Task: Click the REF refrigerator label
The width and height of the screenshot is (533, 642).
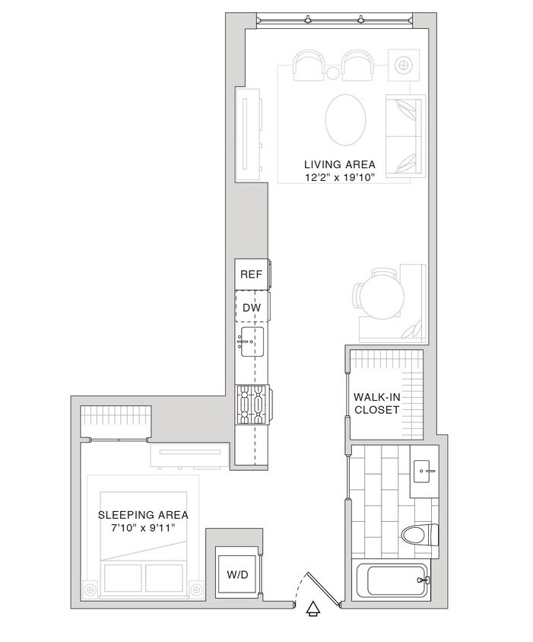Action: (x=251, y=275)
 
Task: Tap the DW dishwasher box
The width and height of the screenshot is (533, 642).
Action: (x=251, y=307)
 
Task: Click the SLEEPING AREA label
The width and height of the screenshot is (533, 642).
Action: (x=143, y=515)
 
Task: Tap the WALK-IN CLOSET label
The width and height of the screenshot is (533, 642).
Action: (x=376, y=403)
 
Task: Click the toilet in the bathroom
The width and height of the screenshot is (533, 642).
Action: (x=420, y=536)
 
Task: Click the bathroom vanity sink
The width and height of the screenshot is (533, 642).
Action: (x=424, y=472)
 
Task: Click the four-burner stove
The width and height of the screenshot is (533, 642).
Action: (x=251, y=405)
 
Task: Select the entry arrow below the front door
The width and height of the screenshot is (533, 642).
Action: (x=312, y=608)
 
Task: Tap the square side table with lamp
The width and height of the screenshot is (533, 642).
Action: (x=403, y=65)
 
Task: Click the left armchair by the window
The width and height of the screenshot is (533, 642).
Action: (x=309, y=65)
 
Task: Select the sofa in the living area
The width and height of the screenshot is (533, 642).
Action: (x=405, y=137)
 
